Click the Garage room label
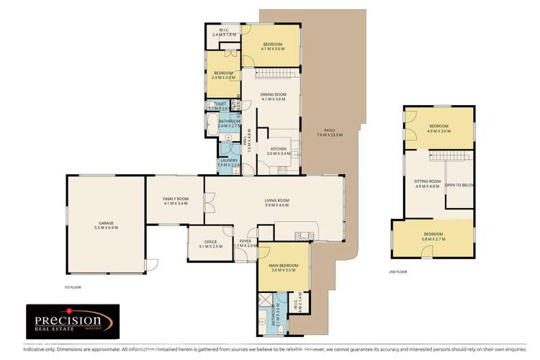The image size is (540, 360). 107,225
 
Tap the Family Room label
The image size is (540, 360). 176,202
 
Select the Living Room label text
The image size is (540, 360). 277,202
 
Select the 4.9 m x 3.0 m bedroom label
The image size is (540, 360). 438,129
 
